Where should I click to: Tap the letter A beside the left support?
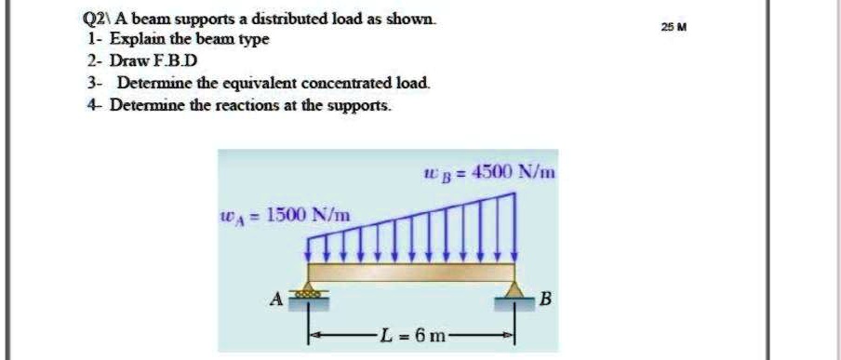275,300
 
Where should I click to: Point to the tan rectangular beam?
411,273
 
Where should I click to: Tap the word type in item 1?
253,41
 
